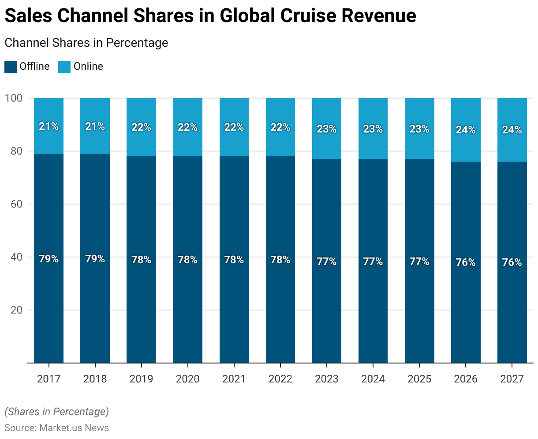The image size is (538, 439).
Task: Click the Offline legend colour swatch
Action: pyautogui.click(x=11, y=67)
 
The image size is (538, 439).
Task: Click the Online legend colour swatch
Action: pyautogui.click(x=64, y=67)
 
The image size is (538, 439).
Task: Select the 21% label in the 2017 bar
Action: pyautogui.click(x=49, y=126)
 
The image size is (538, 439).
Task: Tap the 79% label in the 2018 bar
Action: pyautogui.click(x=95, y=259)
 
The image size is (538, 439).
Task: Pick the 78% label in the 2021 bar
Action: pyautogui.click(x=234, y=260)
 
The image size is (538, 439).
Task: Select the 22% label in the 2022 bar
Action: pyautogui.click(x=280, y=127)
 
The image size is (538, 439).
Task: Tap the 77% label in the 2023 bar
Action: pyautogui.click(x=327, y=261)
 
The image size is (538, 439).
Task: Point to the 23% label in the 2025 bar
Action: pyautogui.click(x=419, y=129)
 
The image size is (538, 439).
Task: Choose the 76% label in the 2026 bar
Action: pyautogui.click(x=466, y=262)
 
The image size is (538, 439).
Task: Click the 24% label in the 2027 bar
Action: pyautogui.click(x=512, y=130)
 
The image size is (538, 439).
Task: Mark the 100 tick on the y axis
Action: pyautogui.click(x=16, y=98)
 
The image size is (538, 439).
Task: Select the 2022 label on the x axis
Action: pyautogui.click(x=280, y=379)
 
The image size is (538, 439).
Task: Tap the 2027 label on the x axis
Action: pyautogui.click(x=512, y=379)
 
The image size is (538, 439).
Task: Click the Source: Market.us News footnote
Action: pyautogui.click(x=56, y=428)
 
